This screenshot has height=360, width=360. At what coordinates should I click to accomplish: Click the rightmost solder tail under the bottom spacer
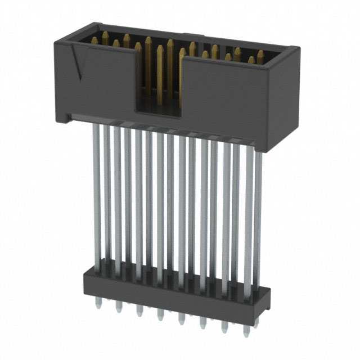pyautogui.click(x=245, y=328)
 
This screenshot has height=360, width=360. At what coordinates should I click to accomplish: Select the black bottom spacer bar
pyautogui.click(x=169, y=292)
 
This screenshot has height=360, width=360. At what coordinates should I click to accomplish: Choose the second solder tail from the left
pyautogui.click(x=119, y=307)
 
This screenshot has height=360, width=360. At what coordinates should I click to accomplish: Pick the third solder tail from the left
pyautogui.click(x=139, y=310)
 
